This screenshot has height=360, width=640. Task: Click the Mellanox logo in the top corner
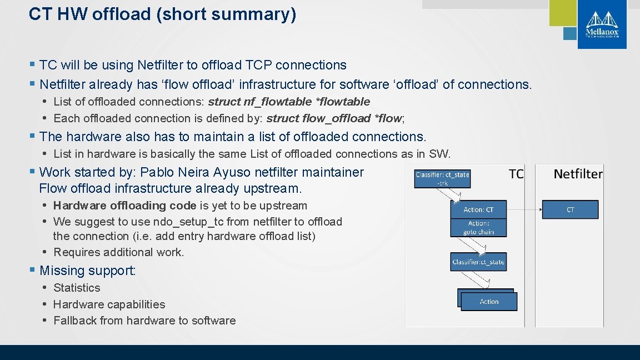pyautogui.click(x=602, y=24)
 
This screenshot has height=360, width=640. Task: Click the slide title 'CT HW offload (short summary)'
pyautogui.click(x=162, y=14)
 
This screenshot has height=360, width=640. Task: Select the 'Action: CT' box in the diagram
pyautogui.click(x=478, y=209)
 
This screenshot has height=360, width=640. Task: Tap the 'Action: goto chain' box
pyautogui.click(x=478, y=228)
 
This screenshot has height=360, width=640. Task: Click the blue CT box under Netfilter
pyautogui.click(x=570, y=209)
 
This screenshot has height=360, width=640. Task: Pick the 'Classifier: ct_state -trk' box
pyautogui.click(x=442, y=178)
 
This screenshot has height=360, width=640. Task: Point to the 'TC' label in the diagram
pyautogui.click(x=516, y=174)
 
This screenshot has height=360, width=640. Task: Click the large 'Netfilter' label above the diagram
pyautogui.click(x=578, y=174)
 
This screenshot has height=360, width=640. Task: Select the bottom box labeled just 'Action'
pyautogui.click(x=489, y=302)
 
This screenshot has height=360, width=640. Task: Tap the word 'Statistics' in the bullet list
pyautogui.click(x=77, y=288)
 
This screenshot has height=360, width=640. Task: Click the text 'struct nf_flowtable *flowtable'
pyautogui.click(x=288, y=102)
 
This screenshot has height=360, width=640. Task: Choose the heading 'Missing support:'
pyautogui.click(x=88, y=271)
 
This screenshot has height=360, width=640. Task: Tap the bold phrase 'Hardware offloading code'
pyautogui.click(x=124, y=206)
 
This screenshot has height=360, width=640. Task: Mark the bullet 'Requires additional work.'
pyautogui.click(x=118, y=252)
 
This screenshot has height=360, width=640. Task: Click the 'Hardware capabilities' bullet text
pyautogui.click(x=109, y=304)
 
